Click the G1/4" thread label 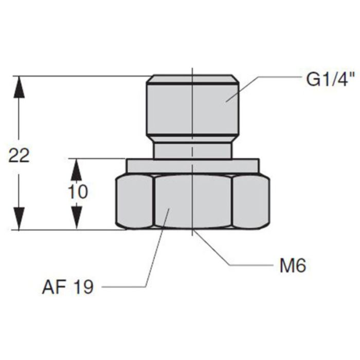[322, 80]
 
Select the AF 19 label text [68, 287]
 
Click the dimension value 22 [19, 155]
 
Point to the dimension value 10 [77, 191]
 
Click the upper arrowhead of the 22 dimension [19, 85]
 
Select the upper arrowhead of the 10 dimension [77, 167]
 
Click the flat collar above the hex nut [192, 166]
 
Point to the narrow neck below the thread [192, 150]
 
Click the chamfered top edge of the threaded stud [192, 80]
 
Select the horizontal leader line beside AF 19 [123, 287]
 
